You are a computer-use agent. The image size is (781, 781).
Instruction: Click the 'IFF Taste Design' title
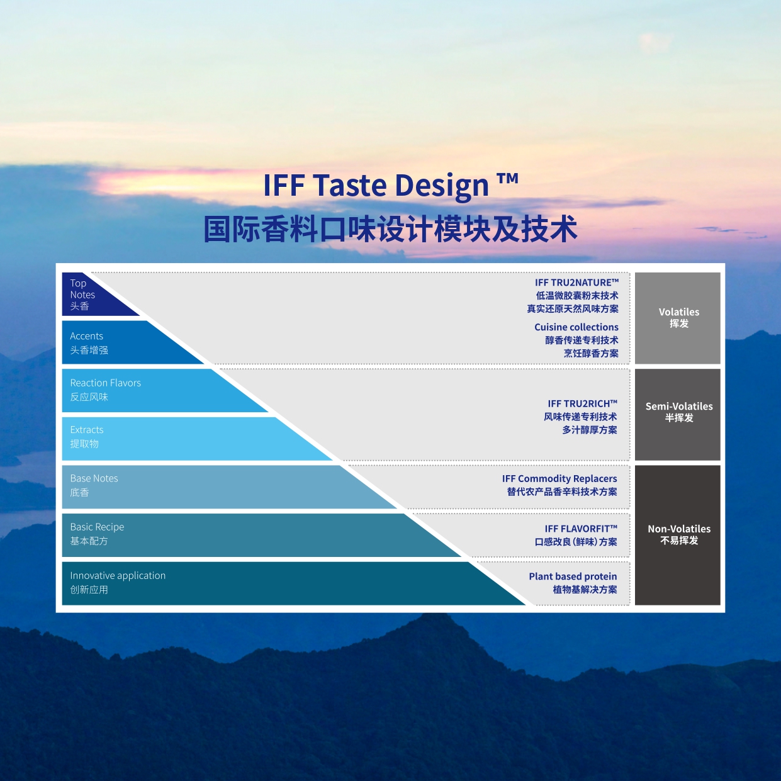[391, 185]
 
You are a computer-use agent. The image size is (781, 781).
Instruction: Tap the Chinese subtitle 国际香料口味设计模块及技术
[390, 230]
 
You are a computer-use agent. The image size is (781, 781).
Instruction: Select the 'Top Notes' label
[82, 289]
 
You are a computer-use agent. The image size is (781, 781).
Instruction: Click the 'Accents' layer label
[86, 336]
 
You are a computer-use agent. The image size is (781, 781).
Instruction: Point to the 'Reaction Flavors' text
[105, 383]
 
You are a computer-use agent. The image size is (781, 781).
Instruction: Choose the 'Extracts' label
[87, 430]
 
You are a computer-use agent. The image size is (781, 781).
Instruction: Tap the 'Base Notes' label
[94, 478]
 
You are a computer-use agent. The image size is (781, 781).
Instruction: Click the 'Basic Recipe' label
[97, 527]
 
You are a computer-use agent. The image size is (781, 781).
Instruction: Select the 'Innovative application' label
[118, 575]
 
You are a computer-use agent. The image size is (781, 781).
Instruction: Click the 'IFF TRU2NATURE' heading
[576, 283]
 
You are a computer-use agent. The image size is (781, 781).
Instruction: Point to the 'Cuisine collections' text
[576, 327]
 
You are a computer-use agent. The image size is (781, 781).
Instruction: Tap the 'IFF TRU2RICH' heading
[582, 403]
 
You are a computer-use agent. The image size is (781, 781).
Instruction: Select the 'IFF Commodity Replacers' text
[559, 479]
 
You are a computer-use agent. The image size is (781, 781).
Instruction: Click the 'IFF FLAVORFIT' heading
[581, 529]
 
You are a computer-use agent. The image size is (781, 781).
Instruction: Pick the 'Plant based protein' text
[573, 576]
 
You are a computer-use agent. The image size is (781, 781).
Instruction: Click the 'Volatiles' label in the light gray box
[679, 312]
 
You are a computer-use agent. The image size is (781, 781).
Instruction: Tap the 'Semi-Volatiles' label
[679, 406]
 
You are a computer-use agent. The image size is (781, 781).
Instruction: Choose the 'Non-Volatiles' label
[679, 529]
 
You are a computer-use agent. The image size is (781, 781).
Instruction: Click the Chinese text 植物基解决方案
[585, 590]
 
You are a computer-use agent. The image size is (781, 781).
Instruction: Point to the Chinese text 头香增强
[89, 350]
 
